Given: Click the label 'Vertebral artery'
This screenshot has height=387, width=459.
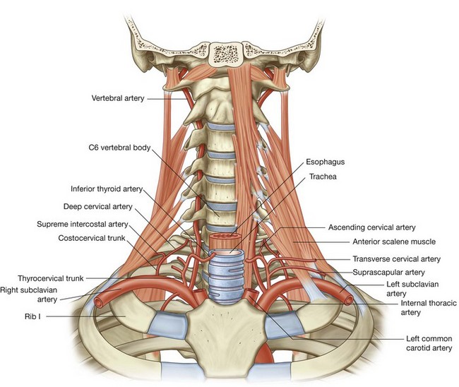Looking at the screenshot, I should (119, 98).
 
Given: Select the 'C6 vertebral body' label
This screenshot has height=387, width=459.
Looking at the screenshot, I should (115, 148).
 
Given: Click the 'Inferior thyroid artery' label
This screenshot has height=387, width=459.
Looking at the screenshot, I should (107, 189).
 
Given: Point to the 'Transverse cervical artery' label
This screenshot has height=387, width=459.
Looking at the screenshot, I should (395, 259).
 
